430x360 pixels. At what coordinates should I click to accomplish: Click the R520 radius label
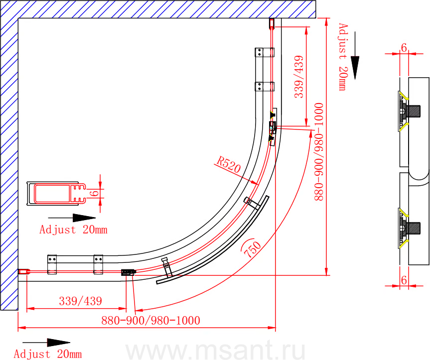[x=228, y=164]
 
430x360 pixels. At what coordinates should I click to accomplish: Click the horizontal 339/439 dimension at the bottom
[x=81, y=301]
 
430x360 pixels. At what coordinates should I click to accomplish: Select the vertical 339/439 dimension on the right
[x=299, y=77]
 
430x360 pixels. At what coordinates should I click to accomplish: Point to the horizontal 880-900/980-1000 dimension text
[x=150, y=320]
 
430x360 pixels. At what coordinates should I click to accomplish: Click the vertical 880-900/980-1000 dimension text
[x=319, y=152]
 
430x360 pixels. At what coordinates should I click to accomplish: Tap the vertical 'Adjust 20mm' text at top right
[x=343, y=57]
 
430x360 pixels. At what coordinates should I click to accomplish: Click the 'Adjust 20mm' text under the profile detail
[x=73, y=230]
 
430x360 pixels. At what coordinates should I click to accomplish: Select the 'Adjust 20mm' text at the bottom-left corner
[x=48, y=354]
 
